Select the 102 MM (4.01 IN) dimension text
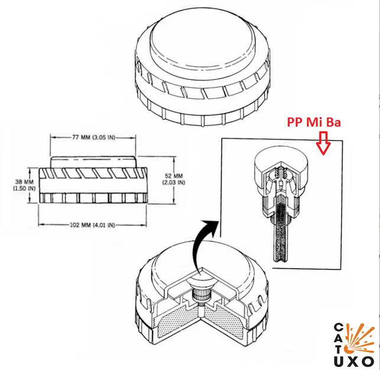pos(93,226)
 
